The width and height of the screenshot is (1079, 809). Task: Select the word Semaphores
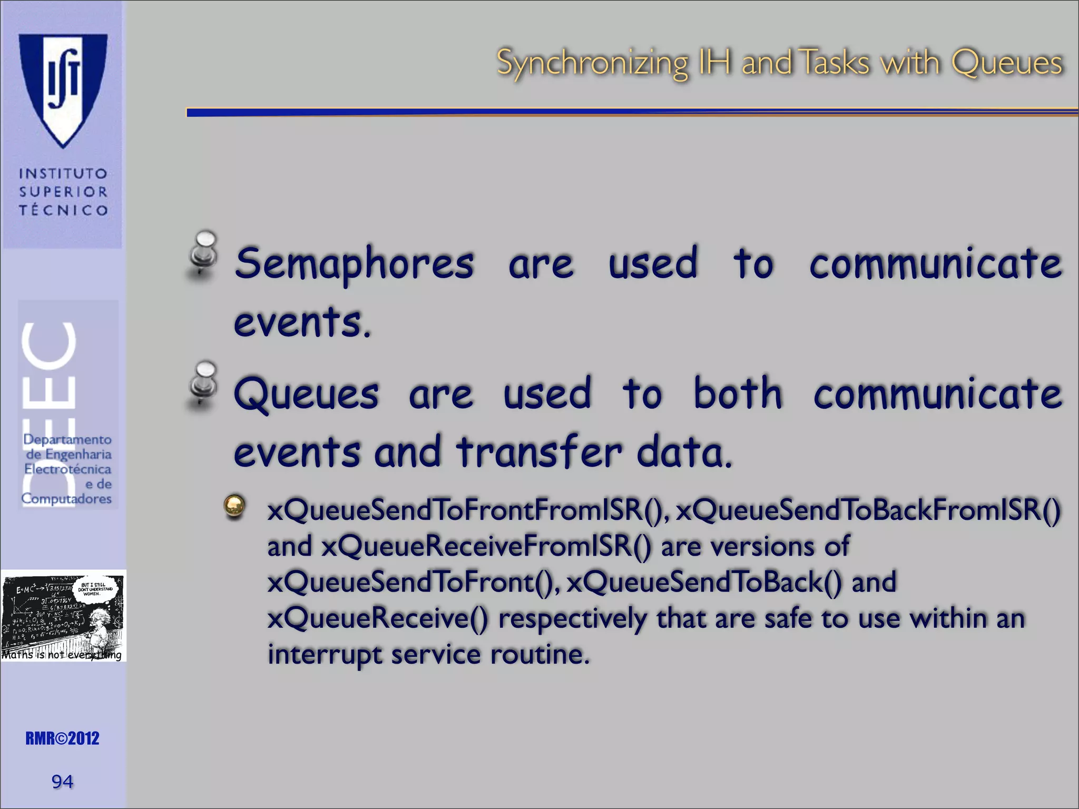(x=354, y=263)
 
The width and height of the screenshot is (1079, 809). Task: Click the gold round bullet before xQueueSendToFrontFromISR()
(x=234, y=507)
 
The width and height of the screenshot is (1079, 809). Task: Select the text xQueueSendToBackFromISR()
(x=868, y=511)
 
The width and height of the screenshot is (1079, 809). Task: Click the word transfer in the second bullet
(x=539, y=452)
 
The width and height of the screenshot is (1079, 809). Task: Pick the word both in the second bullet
(x=738, y=393)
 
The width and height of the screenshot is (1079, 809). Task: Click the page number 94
(x=62, y=781)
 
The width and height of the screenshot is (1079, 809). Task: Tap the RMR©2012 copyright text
(x=62, y=738)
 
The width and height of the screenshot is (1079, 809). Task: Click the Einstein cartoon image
(x=63, y=615)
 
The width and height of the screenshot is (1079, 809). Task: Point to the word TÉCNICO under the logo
(x=63, y=210)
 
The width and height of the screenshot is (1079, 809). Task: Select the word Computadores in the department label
(x=66, y=498)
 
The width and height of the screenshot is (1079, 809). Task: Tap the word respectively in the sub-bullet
(x=572, y=618)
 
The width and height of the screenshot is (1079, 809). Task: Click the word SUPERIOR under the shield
(x=63, y=192)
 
